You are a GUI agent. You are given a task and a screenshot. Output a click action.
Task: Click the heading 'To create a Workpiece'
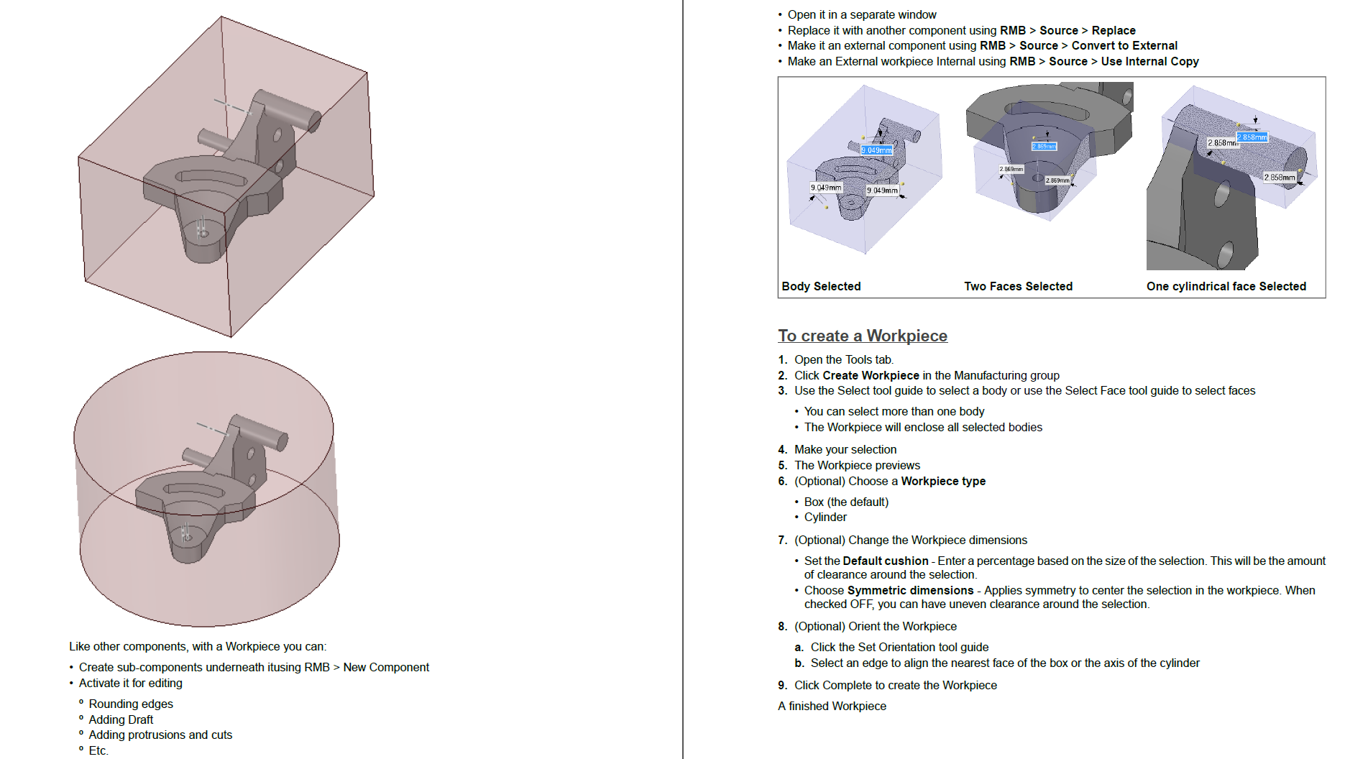pyautogui.click(x=862, y=336)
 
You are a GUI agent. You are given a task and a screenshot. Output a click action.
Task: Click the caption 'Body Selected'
pyautogui.click(x=821, y=286)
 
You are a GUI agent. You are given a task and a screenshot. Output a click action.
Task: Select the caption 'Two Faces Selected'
pyautogui.click(x=1018, y=286)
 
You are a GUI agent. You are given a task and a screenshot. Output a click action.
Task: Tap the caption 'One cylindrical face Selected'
pyautogui.click(x=1226, y=286)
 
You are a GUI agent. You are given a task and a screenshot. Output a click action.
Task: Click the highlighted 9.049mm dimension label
pyautogui.click(x=876, y=150)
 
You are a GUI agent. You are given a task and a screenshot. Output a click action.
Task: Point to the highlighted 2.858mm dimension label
pyautogui.click(x=1252, y=137)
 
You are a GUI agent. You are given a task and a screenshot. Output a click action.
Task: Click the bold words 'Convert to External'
pyautogui.click(x=1124, y=45)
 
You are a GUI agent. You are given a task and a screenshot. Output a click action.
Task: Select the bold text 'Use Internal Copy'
pyautogui.click(x=1149, y=61)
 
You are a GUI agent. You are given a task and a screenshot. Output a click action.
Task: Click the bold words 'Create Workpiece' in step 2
pyautogui.click(x=871, y=375)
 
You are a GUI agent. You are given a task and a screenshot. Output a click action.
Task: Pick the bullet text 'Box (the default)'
pyautogui.click(x=846, y=502)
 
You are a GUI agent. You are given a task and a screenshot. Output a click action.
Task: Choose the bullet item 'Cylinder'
pyautogui.click(x=825, y=517)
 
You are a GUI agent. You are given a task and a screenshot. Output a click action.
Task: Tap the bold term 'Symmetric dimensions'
pyautogui.click(x=910, y=590)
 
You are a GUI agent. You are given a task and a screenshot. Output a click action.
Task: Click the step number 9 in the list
pyautogui.click(x=782, y=685)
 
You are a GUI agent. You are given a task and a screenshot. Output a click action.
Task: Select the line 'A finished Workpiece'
pyautogui.click(x=832, y=706)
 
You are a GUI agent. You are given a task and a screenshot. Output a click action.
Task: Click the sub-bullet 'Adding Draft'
pyautogui.click(x=121, y=719)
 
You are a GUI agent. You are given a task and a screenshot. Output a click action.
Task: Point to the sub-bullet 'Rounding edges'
pyautogui.click(x=131, y=704)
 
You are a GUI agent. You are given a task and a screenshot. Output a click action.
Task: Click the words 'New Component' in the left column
pyautogui.click(x=386, y=667)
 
